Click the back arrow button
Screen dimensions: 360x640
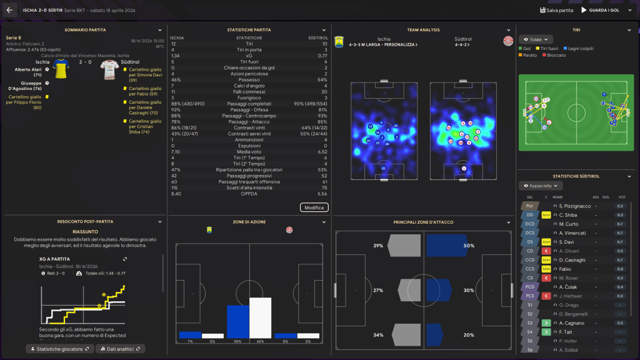click(x=9, y=10)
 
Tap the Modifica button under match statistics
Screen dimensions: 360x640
click(x=314, y=207)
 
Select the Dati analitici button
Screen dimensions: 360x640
click(x=120, y=349)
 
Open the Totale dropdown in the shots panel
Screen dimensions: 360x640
click(x=536, y=39)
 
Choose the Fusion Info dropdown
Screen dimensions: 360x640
click(x=541, y=186)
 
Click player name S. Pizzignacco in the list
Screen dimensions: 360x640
click(x=574, y=206)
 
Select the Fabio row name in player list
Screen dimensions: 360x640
click(x=566, y=269)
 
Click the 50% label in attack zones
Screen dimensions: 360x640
click(x=469, y=246)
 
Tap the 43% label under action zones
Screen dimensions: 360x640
click(x=260, y=341)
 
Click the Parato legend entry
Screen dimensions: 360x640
click(x=529, y=55)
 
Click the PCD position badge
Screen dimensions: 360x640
click(x=529, y=287)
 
